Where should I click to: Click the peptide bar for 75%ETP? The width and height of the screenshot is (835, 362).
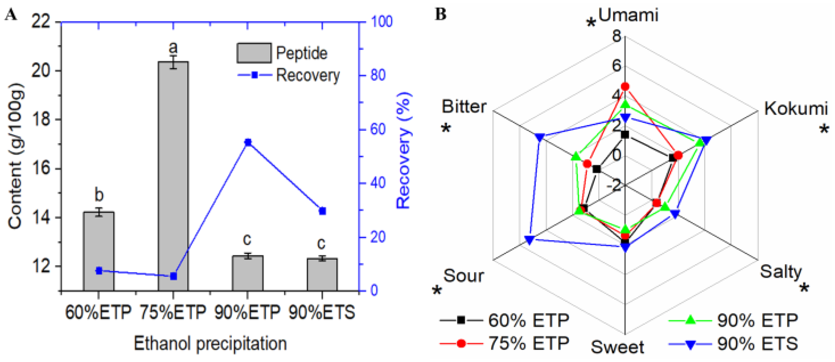173,176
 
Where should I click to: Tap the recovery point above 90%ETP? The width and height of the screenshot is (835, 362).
248,142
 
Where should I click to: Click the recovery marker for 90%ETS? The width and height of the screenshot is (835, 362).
322,211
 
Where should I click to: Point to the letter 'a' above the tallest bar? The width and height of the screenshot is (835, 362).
173,47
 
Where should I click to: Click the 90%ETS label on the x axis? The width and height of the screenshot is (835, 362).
322,312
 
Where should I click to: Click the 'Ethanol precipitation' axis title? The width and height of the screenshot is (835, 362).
210,344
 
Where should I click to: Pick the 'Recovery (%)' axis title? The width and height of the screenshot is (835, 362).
404,150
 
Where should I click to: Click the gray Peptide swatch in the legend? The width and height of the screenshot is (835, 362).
254,53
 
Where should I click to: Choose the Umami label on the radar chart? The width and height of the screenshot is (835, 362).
628,15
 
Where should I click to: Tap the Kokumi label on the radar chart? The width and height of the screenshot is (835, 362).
795,108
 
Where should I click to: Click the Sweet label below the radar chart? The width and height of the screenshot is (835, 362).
617,347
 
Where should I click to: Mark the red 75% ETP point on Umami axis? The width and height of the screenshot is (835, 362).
625,87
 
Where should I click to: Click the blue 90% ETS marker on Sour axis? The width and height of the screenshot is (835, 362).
530,240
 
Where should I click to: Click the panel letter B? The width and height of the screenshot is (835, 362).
440,14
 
